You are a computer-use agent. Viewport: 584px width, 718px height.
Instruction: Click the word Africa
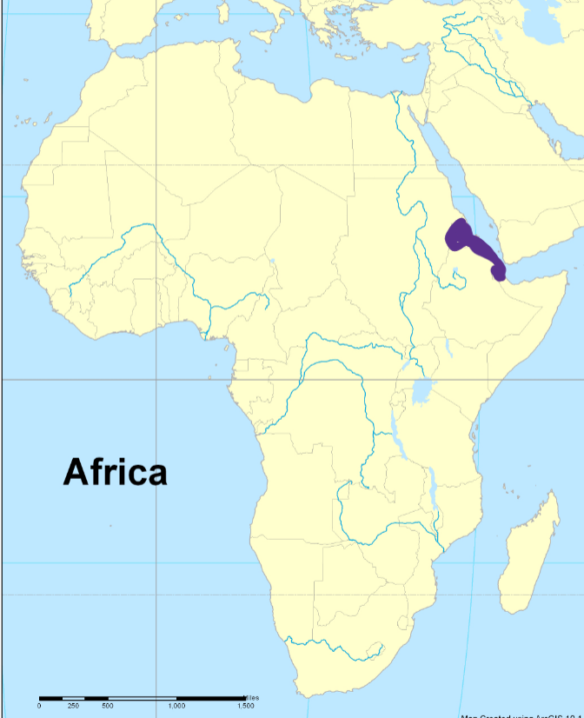[115, 472]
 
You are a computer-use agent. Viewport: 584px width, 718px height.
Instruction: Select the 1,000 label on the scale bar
[176, 706]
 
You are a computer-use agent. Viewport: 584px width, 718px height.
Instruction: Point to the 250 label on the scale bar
[73, 706]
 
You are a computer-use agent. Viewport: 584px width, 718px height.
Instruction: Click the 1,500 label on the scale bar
[244, 706]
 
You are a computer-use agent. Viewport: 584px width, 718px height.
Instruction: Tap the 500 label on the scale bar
[107, 706]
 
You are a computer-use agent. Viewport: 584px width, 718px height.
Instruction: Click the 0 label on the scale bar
[39, 706]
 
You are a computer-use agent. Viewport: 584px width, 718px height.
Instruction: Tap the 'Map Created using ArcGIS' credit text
[521, 714]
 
